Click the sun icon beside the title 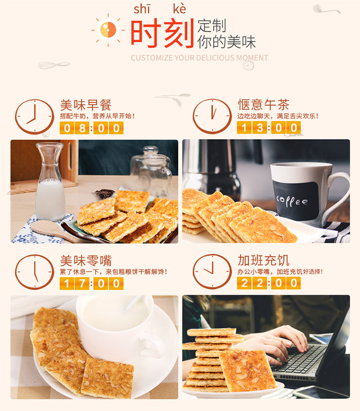click(x=108, y=30)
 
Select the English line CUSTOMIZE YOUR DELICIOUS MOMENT click(x=199, y=58)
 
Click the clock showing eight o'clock click(x=35, y=117)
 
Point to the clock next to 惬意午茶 click(x=212, y=117)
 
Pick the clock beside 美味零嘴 click(x=35, y=272)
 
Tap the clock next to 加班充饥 click(x=212, y=271)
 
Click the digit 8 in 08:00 click(x=82, y=128)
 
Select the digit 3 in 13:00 click(x=260, y=128)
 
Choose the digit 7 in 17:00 click(x=82, y=283)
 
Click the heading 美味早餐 click(x=86, y=105)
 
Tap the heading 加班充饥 click(x=264, y=260)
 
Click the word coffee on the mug click(x=292, y=201)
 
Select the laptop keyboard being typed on click(x=299, y=359)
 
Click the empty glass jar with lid click(x=151, y=170)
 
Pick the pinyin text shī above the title click(x=142, y=10)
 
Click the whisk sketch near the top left click(x=54, y=65)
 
